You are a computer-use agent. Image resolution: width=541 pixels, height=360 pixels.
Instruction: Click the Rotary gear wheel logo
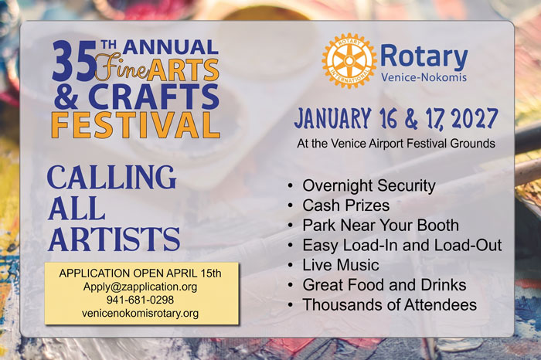(349, 61)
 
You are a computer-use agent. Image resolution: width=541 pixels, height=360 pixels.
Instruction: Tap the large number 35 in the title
(74, 61)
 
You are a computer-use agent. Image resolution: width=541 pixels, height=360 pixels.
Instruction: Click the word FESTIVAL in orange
(135, 125)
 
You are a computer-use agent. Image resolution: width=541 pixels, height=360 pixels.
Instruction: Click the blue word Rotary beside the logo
(424, 57)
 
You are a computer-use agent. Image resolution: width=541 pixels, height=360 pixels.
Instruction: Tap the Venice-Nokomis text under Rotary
(424, 77)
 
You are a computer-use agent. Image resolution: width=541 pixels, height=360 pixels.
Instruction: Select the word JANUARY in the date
(332, 118)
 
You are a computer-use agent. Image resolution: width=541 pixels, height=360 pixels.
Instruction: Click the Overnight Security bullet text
(369, 185)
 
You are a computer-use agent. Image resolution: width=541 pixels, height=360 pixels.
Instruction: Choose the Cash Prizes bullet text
(346, 205)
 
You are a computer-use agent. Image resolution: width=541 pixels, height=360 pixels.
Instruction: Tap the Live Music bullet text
(341, 265)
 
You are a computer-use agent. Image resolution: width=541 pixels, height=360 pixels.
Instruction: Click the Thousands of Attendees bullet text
(390, 305)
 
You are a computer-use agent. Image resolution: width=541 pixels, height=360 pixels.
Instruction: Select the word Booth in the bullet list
(438, 226)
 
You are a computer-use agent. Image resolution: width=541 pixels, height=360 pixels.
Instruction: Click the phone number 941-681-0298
(140, 300)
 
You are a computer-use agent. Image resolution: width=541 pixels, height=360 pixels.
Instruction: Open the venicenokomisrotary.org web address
(140, 314)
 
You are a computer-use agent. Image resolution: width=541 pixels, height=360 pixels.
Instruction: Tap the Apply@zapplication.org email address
(140, 287)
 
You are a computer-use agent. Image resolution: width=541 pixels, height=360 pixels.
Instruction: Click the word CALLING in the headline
(112, 177)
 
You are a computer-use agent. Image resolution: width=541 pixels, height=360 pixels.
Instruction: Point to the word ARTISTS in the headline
(114, 239)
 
